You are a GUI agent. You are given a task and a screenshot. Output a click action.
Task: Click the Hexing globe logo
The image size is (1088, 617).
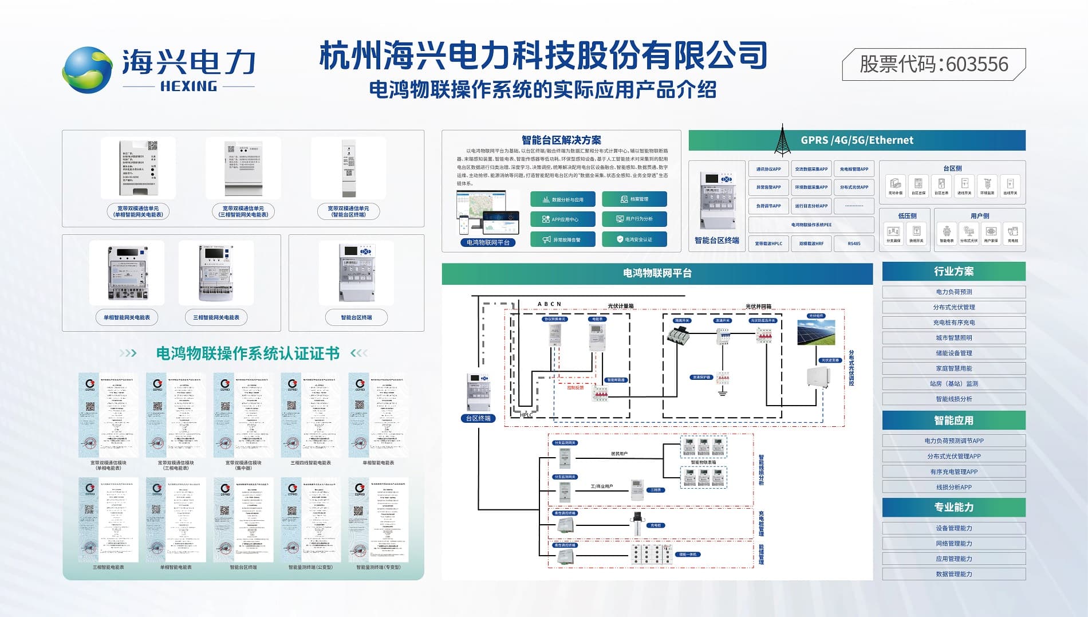click(86, 70)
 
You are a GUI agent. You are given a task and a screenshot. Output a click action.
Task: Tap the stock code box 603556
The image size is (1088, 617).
click(933, 64)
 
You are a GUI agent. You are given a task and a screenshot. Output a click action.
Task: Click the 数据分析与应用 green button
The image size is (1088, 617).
click(563, 199)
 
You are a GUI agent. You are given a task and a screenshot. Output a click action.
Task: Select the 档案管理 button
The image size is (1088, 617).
click(634, 199)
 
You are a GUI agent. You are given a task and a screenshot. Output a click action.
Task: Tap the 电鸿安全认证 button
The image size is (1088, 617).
click(634, 239)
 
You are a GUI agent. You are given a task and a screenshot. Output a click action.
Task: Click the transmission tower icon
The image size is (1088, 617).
click(782, 140)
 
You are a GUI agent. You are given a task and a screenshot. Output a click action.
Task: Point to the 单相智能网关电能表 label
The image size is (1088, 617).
click(127, 317)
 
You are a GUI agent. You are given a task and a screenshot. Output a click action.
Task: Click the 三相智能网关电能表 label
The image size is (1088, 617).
click(216, 317)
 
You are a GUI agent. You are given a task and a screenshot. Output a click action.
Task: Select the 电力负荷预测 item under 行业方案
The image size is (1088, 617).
click(953, 292)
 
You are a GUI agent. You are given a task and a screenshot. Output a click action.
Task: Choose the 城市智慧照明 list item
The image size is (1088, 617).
click(953, 337)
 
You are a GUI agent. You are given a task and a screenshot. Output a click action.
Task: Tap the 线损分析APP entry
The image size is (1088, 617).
click(953, 487)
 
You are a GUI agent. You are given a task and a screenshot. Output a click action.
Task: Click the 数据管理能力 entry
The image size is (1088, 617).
click(953, 573)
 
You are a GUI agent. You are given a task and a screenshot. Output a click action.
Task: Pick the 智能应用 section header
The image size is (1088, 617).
click(953, 420)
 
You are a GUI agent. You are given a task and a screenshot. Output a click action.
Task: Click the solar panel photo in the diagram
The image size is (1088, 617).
click(816, 333)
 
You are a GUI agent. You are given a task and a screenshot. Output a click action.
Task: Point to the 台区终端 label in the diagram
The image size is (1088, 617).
click(478, 418)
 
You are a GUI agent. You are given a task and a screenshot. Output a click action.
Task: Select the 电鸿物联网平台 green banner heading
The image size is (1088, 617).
click(657, 273)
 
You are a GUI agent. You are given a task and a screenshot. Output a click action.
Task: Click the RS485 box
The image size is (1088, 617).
click(854, 243)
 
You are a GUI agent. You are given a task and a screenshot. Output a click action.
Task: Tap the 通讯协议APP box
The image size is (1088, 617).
click(768, 169)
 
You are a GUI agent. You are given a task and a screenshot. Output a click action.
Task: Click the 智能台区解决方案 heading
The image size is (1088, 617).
click(561, 140)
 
